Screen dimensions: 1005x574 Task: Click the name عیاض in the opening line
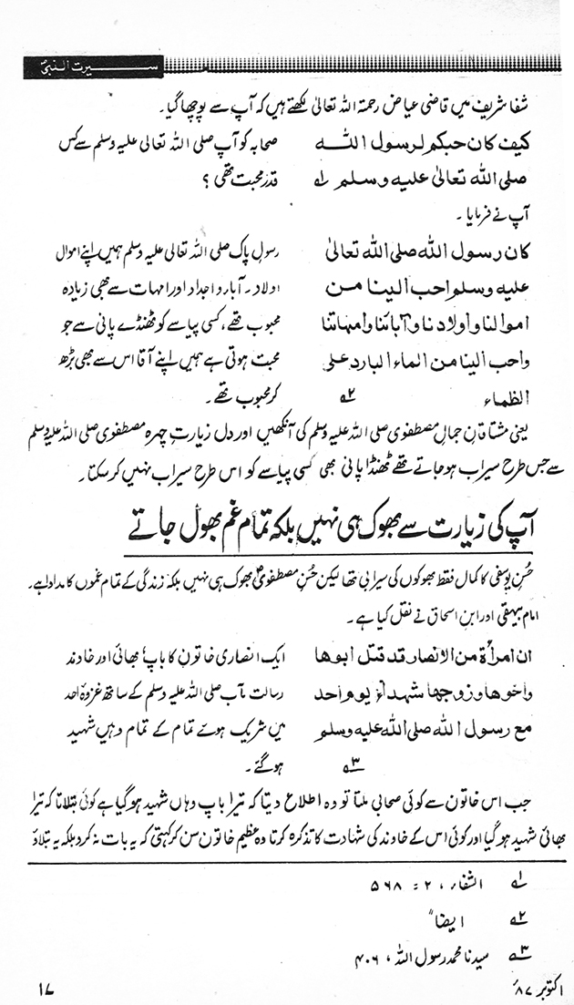point(405,110)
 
